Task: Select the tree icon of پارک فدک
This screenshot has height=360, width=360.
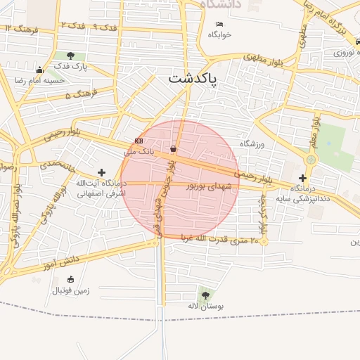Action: [70, 56]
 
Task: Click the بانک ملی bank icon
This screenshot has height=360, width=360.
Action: [139, 141]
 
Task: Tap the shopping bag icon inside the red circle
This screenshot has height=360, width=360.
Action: [174, 148]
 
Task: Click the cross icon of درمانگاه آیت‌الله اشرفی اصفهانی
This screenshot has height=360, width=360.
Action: [102, 172]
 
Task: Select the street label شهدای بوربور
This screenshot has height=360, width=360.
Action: [209, 186]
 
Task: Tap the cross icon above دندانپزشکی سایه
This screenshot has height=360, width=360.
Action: [302, 178]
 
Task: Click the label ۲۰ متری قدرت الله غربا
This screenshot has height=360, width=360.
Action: [224, 240]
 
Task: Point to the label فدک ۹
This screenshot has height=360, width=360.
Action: [105, 27]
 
